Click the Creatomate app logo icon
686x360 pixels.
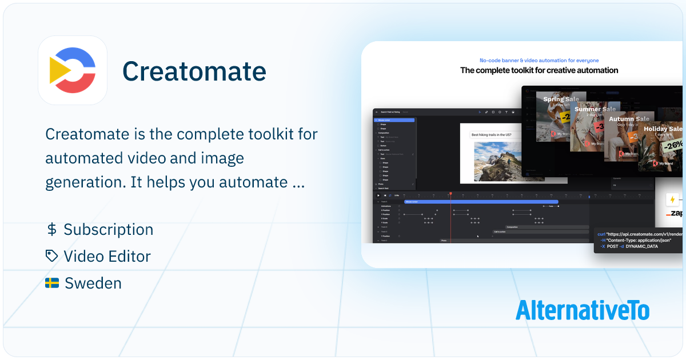[73, 70]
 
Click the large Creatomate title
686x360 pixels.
[194, 71]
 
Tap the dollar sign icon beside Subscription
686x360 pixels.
[51, 230]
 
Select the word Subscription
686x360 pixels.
[109, 230]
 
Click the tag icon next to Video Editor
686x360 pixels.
[52, 256]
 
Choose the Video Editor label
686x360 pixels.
[107, 256]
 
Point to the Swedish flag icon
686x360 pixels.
[52, 283]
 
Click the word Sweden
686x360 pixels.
[93, 283]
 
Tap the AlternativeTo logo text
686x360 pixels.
[583, 310]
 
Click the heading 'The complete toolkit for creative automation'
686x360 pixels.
[539, 70]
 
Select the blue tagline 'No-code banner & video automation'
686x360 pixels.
[539, 60]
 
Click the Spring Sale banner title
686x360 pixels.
[561, 99]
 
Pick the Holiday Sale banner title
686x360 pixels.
[663, 129]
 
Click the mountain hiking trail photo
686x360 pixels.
[497, 161]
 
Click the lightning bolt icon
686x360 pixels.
[672, 199]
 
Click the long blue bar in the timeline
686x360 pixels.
[481, 202]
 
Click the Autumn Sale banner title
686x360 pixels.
[629, 119]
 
